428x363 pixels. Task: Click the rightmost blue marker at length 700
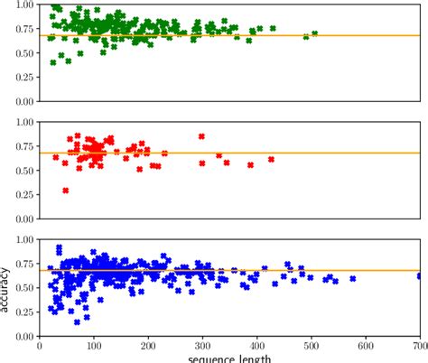click(421, 276)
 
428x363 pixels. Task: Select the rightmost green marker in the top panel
click(315, 34)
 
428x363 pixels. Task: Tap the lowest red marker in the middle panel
click(66, 191)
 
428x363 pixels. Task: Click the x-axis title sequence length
click(229, 358)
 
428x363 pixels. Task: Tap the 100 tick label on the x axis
click(93, 345)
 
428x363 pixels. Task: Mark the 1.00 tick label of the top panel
click(22, 5)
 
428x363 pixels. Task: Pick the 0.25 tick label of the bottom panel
click(22, 312)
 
